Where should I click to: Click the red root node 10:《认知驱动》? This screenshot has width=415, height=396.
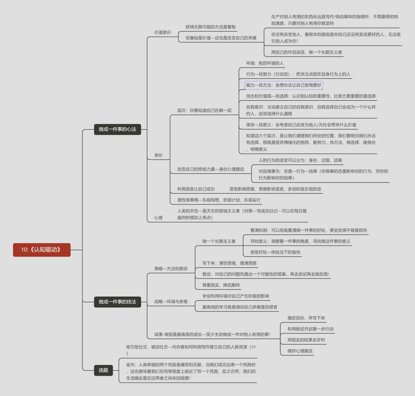point(41,250)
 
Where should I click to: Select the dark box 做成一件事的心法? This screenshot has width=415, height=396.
point(117,129)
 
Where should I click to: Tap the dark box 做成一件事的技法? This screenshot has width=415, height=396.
point(117,302)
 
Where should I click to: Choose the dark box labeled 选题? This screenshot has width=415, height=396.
point(103,370)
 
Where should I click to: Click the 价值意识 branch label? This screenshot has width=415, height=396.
point(162,33)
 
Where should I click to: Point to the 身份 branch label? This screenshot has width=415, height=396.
point(158,155)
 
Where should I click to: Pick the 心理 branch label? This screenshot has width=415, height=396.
point(158,218)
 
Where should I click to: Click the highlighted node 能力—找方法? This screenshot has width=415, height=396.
point(284,85)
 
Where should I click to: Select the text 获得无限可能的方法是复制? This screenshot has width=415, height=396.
point(210,27)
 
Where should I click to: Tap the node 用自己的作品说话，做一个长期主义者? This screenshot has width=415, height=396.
point(306,52)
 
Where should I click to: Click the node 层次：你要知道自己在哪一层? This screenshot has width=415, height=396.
point(204,111)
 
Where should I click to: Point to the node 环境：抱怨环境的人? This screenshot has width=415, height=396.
point(265,63)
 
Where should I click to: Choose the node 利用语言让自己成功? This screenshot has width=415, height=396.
point(196,189)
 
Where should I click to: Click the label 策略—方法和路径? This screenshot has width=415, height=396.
point(171,269)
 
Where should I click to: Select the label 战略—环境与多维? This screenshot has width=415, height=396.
point(171,302)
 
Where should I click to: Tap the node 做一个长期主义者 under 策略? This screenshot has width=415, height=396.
point(219,241)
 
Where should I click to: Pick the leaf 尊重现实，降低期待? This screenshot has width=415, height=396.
point(221,285)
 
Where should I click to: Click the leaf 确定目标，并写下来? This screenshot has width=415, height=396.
point(306,318)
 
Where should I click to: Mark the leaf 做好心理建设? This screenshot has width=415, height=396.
point(300,351)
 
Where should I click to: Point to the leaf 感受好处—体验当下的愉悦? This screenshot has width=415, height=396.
point(275,252)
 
